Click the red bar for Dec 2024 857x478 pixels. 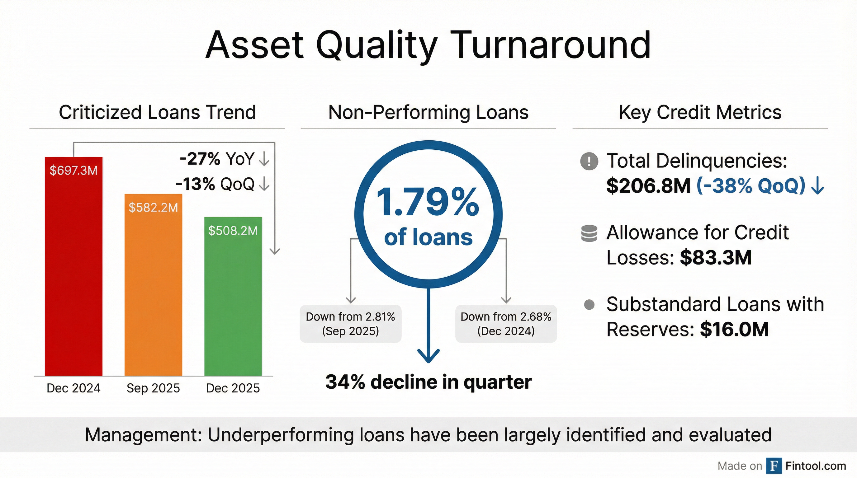point(73,273)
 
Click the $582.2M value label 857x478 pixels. point(153,208)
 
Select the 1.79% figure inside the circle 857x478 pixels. point(428,202)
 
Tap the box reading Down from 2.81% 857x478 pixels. point(350,323)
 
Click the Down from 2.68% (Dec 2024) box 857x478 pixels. point(506,323)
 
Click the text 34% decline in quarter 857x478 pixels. point(428,382)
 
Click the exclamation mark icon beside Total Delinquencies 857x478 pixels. point(589,161)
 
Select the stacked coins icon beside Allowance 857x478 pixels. point(589,233)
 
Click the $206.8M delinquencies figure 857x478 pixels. point(648,186)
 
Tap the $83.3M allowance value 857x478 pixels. point(716,258)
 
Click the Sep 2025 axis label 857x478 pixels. point(153,388)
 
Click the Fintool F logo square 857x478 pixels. point(774,466)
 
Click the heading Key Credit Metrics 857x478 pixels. point(700,112)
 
